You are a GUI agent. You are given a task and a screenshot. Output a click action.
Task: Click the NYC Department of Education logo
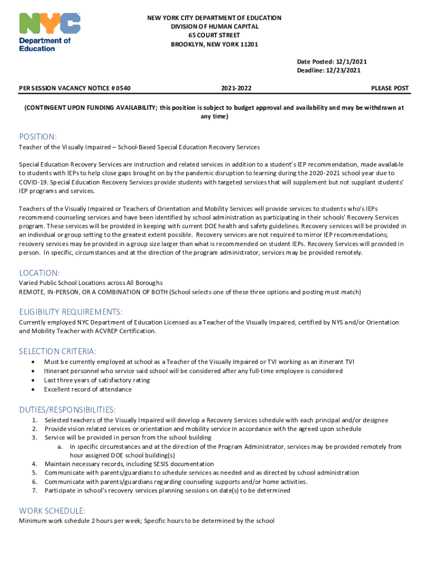point(50,32)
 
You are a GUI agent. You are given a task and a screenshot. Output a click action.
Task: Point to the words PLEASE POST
point(390,89)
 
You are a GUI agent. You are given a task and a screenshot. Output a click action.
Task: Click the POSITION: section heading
point(38,137)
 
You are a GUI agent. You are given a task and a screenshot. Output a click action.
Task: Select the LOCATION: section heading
point(39,273)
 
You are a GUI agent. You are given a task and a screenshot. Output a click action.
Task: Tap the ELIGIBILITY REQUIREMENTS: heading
point(71,311)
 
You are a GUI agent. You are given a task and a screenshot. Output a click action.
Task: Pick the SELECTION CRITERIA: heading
point(58,351)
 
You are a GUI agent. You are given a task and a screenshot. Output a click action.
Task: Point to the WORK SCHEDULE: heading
point(52,510)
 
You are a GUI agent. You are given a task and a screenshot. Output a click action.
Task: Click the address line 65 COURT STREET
point(214,35)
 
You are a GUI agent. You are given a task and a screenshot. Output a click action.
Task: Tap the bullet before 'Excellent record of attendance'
point(35,389)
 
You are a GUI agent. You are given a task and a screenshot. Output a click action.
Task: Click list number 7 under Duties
point(35,491)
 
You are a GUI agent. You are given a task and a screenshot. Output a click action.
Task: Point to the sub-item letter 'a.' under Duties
point(60,447)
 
